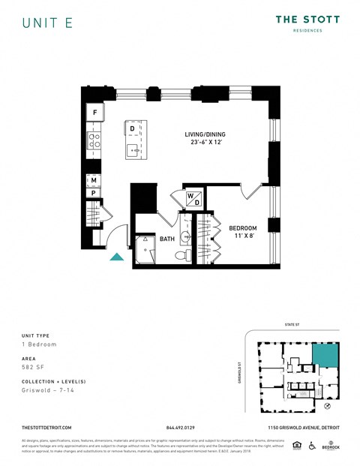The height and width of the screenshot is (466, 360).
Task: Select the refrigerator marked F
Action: point(94,113)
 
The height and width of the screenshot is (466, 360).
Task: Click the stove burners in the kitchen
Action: point(94,140)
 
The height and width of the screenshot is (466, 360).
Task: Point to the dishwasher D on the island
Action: point(132,129)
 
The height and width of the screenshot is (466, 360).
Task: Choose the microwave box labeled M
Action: point(94,180)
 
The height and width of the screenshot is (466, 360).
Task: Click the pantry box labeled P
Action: point(94,193)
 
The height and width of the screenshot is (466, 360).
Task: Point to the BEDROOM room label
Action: point(243,232)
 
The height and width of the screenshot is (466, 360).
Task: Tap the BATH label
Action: point(167,239)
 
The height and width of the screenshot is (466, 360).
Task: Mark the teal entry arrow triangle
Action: point(117,257)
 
